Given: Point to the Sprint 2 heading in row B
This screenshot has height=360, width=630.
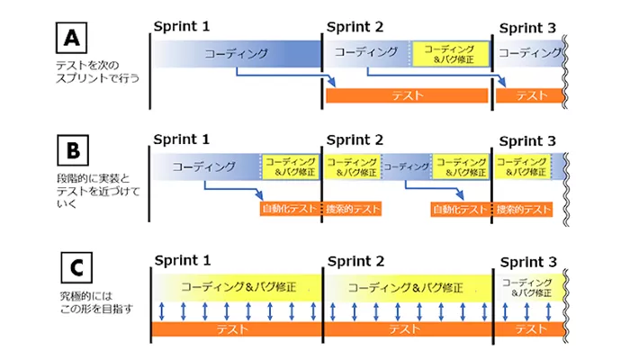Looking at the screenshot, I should coord(355,140).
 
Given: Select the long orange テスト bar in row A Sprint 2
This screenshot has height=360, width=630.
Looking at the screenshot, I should coord(408,95).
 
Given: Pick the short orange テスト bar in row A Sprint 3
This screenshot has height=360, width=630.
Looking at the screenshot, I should coord(531,95).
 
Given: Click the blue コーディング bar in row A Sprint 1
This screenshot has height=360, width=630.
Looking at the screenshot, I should coord(236,54).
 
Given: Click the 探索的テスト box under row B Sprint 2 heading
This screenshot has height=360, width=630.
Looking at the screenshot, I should coord(354,209).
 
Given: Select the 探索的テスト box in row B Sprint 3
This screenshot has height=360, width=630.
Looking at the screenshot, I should coord(524,209).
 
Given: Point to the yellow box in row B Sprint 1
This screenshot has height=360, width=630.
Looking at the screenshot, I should coord(290,166).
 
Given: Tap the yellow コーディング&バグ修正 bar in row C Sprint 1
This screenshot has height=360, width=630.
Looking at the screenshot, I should coord(236,288).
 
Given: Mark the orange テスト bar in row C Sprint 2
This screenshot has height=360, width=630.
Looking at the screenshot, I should coord(407,330).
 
